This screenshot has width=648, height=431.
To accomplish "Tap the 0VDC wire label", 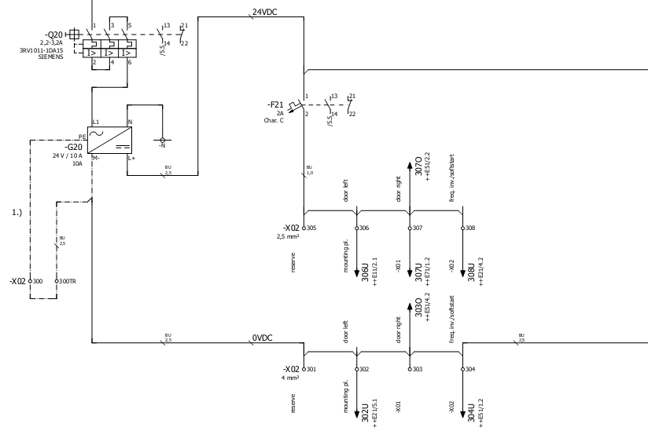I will pyautogui.click(x=261, y=338).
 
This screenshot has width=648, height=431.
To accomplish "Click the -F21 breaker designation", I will pyautogui.click(x=276, y=105).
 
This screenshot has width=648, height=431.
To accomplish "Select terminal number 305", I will pyautogui.click(x=311, y=228).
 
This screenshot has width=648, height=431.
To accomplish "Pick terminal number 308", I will pyautogui.click(x=470, y=228).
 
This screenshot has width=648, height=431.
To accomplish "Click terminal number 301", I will pyautogui.click(x=311, y=369).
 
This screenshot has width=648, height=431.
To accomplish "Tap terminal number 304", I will pyautogui.click(x=470, y=369).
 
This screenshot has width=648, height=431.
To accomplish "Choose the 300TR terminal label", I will pyautogui.click(x=68, y=280).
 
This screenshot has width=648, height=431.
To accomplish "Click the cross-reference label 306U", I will pyautogui.click(x=365, y=272).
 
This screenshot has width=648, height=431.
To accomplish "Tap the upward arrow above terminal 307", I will pyautogui.click(x=410, y=166).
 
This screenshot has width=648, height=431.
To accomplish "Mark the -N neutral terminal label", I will pyautogui.click(x=162, y=145).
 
